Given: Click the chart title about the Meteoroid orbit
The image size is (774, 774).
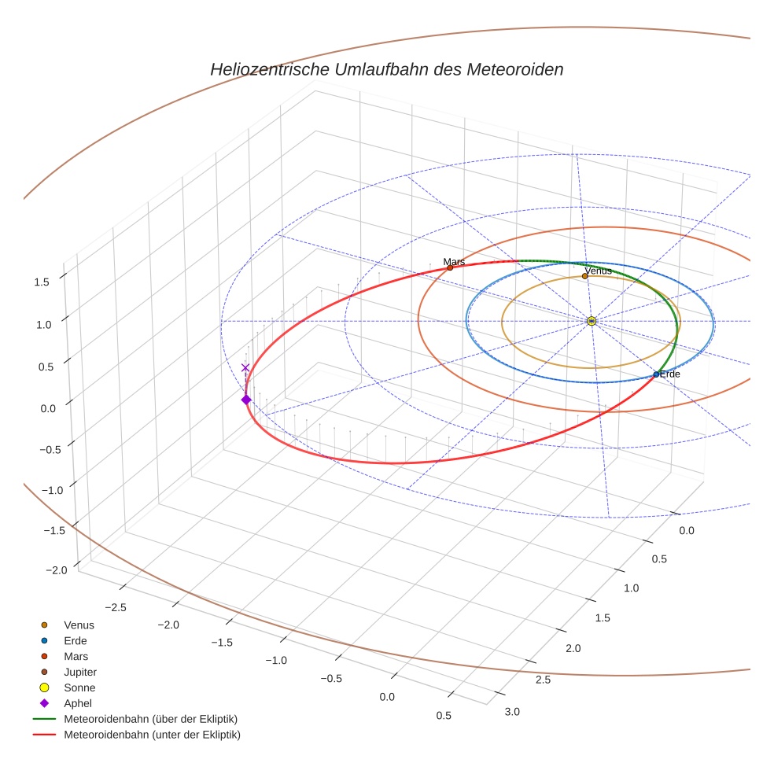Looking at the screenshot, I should (x=386, y=69).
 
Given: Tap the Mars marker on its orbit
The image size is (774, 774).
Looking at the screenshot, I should (x=450, y=267).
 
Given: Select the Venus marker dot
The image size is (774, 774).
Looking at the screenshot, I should (x=584, y=276).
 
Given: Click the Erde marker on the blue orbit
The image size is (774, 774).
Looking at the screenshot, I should (x=656, y=374).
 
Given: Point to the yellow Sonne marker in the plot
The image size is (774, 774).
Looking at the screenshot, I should (x=591, y=321).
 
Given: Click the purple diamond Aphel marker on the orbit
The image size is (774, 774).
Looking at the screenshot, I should (x=246, y=400).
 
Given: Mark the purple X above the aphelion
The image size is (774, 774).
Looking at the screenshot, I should (x=245, y=367).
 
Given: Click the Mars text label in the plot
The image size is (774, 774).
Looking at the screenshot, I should (x=454, y=261).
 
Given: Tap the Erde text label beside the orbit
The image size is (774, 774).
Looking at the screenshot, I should (x=670, y=374).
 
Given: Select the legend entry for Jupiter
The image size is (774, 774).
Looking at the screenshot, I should (x=80, y=672).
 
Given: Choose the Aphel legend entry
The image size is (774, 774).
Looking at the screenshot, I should (x=78, y=703).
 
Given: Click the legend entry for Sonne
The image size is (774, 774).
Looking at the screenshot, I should (x=79, y=687).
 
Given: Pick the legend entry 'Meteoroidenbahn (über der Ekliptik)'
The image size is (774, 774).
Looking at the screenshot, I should (x=150, y=719).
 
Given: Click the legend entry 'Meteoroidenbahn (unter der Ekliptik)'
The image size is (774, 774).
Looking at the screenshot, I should (x=152, y=735).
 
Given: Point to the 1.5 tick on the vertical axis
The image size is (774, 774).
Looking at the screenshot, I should (x=42, y=282).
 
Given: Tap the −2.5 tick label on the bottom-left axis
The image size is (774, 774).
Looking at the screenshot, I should (x=115, y=607).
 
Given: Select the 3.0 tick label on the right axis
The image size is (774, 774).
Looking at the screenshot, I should (x=512, y=712).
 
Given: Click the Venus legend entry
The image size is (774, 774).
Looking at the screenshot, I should (x=79, y=625).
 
